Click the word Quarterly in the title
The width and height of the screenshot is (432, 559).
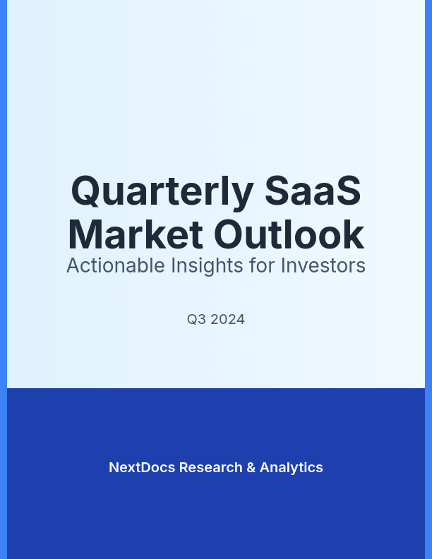click(x=162, y=191)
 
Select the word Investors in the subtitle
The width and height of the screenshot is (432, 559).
click(x=323, y=266)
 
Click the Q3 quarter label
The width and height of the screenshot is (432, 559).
click(x=196, y=320)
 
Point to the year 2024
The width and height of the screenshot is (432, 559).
click(x=228, y=320)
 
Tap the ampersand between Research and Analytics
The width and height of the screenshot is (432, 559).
click(x=251, y=467)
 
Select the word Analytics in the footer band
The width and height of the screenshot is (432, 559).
click(x=292, y=467)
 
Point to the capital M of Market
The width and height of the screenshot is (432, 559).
click(x=85, y=235)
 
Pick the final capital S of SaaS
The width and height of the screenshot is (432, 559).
click(x=348, y=191)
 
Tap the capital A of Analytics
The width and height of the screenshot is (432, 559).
click(x=265, y=467)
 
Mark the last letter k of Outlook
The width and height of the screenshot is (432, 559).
click(x=354, y=235)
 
